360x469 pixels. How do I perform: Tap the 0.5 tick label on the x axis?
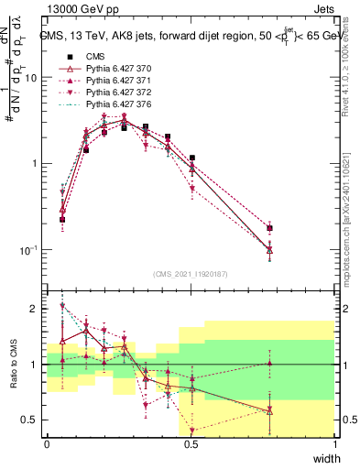tap(191, 444)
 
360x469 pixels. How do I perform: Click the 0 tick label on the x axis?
tap(47, 444)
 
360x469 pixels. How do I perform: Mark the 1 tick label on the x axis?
tap(334, 444)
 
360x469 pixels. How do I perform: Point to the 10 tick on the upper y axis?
tap(30, 78)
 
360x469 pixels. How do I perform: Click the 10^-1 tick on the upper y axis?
tap(27, 249)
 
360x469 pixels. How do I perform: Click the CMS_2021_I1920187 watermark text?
tap(191, 274)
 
